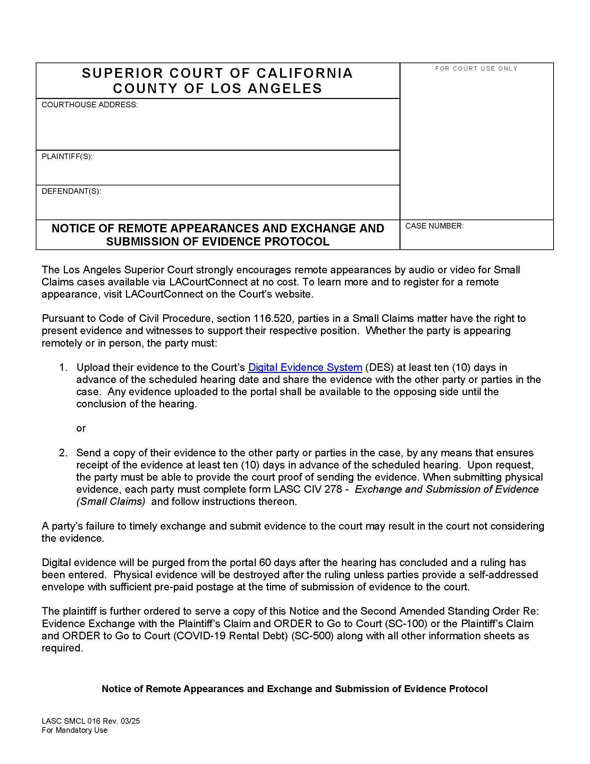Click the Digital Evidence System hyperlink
(x=305, y=367)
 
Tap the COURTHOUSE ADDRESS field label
(x=90, y=105)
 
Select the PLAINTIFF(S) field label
(x=67, y=156)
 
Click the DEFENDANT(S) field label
(x=71, y=191)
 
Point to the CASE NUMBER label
(x=434, y=226)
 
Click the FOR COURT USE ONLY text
(x=476, y=68)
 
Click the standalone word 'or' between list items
(x=81, y=428)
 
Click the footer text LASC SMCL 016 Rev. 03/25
(x=91, y=721)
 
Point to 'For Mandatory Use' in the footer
(x=75, y=730)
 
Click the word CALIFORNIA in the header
(x=304, y=73)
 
